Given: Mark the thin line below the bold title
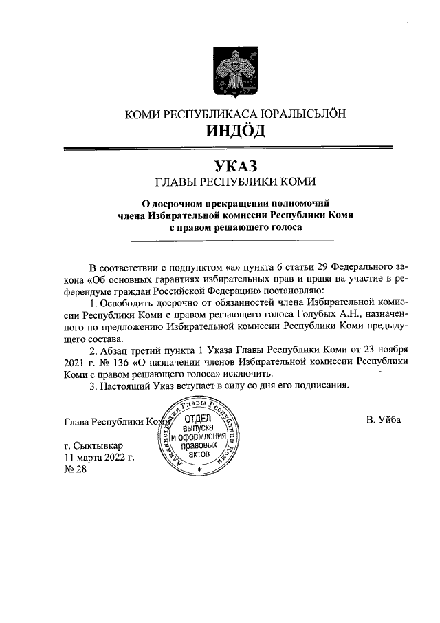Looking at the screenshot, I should click(235, 240).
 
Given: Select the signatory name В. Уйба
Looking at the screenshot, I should click(384, 420).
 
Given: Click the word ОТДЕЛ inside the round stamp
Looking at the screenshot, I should click(198, 418).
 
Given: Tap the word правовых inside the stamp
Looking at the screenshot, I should click(198, 446).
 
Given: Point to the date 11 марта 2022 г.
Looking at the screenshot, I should click(98, 457).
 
